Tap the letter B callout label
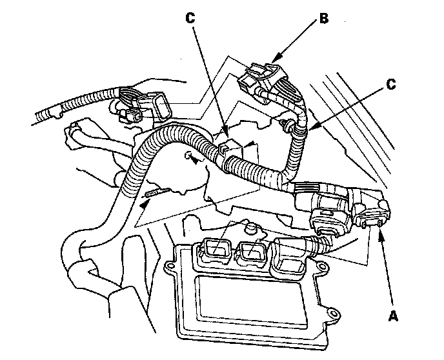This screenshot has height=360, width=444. [323, 19]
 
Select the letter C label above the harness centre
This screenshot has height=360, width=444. [190, 19]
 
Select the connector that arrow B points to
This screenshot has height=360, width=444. [261, 77]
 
